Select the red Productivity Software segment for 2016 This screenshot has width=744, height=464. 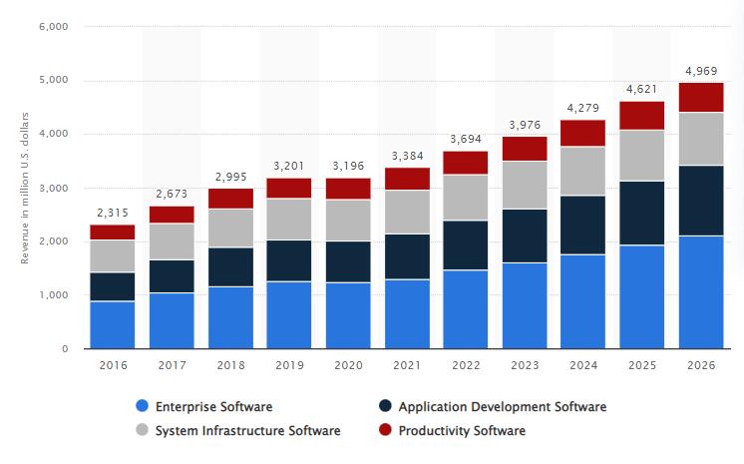pos(113,232)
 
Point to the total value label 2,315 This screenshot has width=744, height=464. pos(113,213)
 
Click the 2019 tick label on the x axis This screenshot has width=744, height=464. pos(290,365)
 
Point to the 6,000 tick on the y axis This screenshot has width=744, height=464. pos(52,27)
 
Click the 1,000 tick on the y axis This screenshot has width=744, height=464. pos(52,295)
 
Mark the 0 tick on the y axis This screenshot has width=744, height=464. pos(64,349)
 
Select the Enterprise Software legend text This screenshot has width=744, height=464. pos(214,406)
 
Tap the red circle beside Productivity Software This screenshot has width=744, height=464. pos(384,431)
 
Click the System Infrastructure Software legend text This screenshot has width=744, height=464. pos(248,431)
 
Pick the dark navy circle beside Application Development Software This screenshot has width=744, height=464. pos(384,406)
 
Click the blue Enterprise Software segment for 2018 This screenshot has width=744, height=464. pos(231,317)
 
